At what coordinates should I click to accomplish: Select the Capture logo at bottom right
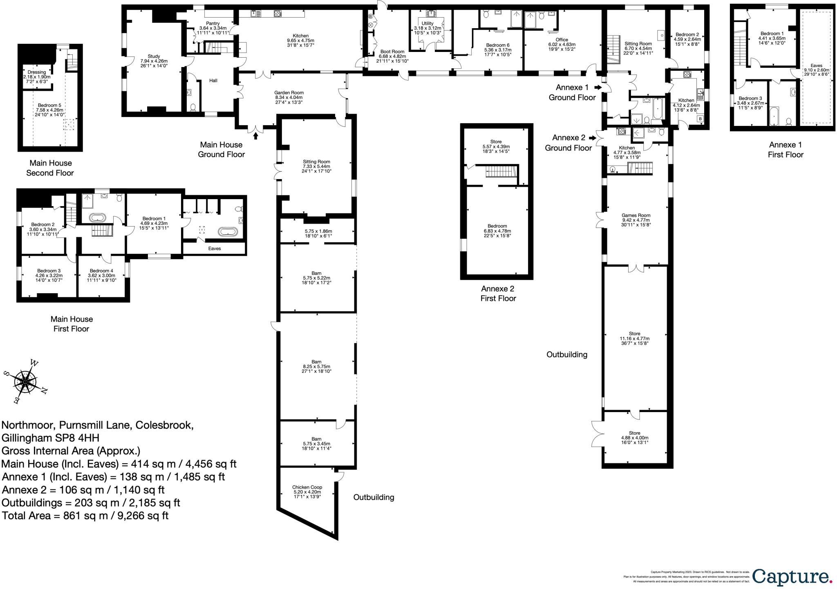coord(792,577)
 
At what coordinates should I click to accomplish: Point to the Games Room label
coord(636,220)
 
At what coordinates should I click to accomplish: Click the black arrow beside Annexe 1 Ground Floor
coord(598,87)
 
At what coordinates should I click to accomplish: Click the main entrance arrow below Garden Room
coord(256,136)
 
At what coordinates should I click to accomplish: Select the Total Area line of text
coord(85,516)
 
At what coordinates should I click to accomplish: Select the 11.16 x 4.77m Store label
coord(634,339)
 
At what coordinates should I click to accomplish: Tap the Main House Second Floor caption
coord(50,168)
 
